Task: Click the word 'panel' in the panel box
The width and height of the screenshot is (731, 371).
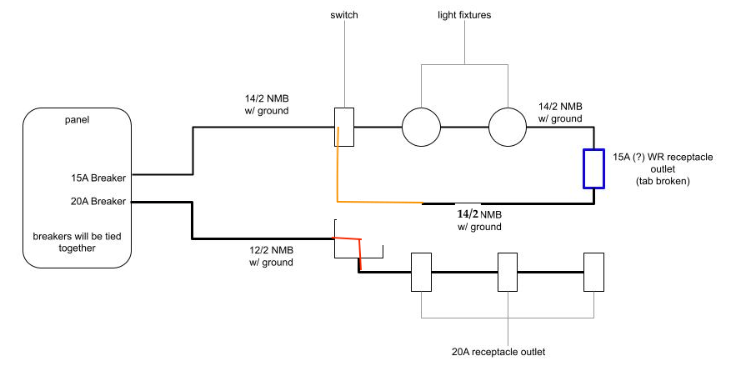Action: click(77, 120)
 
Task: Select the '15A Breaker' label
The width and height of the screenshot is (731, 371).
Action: click(98, 177)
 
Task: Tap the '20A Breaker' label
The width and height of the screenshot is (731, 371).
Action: click(98, 201)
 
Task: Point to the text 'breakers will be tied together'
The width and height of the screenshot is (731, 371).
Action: click(77, 241)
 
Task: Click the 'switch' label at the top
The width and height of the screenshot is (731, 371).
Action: click(344, 15)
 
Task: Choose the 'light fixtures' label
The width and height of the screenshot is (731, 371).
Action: click(464, 15)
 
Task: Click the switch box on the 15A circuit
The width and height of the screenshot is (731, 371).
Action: click(345, 127)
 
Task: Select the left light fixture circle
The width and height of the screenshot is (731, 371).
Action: click(423, 128)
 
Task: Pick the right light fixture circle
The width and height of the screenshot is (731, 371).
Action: click(508, 128)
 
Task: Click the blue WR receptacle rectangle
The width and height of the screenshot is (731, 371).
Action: click(593, 168)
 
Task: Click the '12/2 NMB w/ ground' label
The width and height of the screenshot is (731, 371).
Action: click(271, 256)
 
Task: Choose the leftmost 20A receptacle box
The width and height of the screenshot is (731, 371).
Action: click(422, 271)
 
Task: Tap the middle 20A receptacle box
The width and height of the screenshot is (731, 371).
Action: click(508, 271)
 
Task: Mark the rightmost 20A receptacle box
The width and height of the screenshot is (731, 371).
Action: click(593, 271)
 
